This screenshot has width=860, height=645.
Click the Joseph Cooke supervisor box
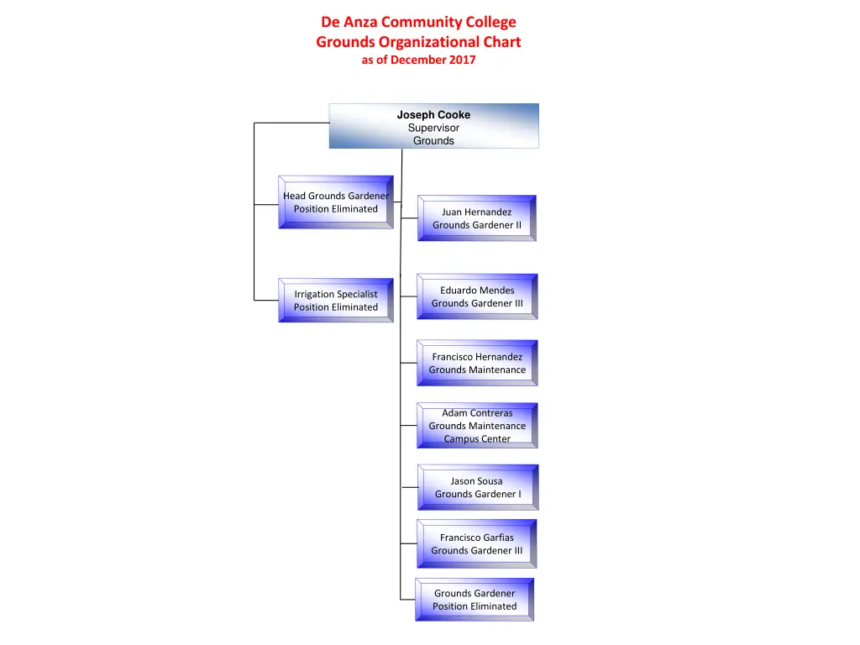[433, 126]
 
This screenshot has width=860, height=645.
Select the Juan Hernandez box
[476, 218]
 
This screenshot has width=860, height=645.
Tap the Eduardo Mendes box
[477, 296]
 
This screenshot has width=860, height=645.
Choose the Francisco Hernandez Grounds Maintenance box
[477, 363]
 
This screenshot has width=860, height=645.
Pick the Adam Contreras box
[477, 425]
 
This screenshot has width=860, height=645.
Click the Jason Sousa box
[477, 487]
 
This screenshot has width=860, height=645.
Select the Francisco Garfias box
[476, 543]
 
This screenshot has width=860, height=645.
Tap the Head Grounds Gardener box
[336, 202]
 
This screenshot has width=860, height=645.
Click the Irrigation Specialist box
[336, 301]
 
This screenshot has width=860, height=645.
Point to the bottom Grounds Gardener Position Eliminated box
[475, 600]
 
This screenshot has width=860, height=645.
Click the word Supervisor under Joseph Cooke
[433, 128]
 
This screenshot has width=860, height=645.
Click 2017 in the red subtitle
[461, 60]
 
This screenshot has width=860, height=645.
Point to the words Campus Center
[477, 438]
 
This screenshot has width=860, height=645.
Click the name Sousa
[489, 481]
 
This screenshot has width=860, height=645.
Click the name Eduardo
[459, 291]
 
